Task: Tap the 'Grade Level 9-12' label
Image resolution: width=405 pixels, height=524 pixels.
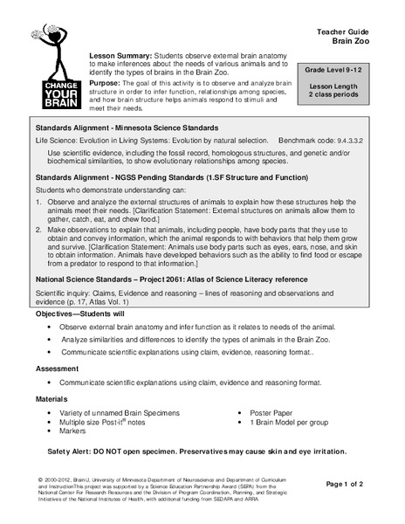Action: click(x=348, y=66)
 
